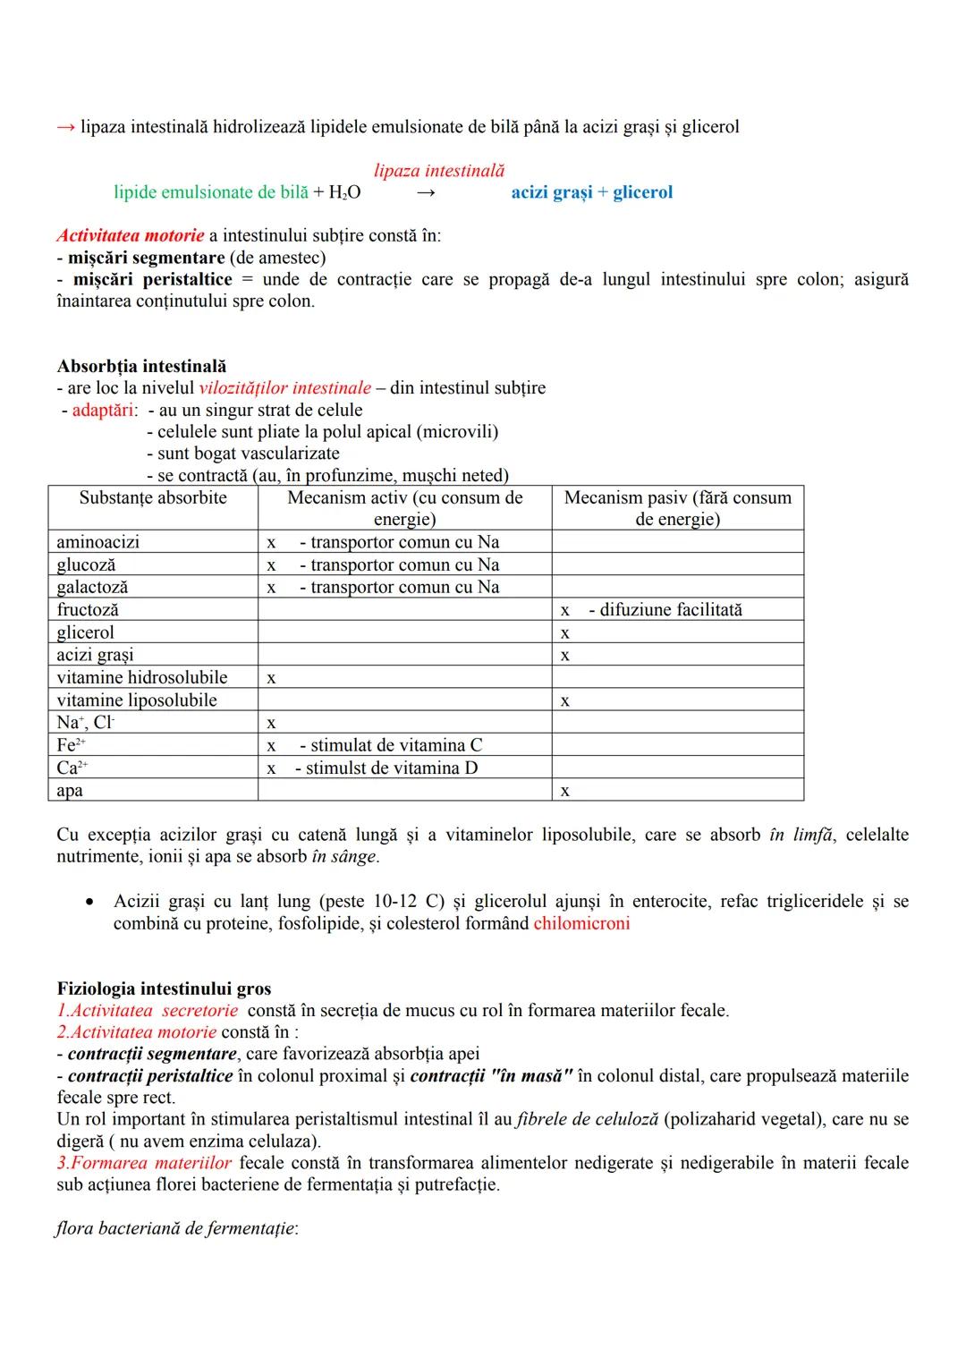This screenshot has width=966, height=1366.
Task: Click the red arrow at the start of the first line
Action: tap(65, 127)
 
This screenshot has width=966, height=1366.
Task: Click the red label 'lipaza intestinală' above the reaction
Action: tap(438, 170)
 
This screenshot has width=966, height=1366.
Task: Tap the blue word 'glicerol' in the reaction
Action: tap(642, 192)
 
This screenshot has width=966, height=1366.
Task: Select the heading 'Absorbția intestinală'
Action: tap(141, 366)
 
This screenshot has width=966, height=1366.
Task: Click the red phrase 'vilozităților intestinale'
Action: tap(284, 388)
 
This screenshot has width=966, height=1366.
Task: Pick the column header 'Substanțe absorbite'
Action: tap(153, 498)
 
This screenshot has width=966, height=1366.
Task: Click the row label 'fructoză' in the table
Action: tap(88, 610)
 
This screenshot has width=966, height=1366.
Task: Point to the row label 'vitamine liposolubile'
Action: tap(137, 700)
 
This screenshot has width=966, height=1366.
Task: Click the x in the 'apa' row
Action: tap(564, 792)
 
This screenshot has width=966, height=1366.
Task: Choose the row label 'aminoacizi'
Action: tap(97, 542)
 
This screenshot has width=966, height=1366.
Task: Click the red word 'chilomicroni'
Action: tap(581, 923)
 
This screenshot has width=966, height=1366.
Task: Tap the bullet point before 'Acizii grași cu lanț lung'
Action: tap(89, 902)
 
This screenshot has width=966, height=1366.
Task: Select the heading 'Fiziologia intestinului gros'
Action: tap(164, 988)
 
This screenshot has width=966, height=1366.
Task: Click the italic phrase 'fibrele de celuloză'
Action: tap(588, 1119)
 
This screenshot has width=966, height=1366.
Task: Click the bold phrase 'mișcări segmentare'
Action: tap(146, 258)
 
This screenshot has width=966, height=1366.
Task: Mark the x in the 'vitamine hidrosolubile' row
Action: tap(271, 678)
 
